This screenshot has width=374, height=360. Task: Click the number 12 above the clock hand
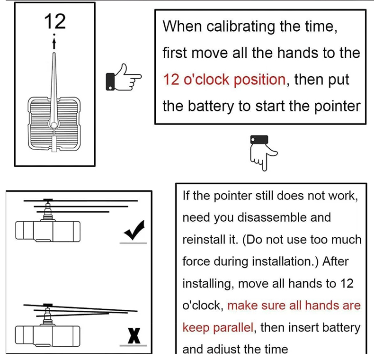[55, 21]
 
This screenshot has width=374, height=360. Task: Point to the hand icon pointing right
[124, 77]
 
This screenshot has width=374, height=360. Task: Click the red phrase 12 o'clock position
[224, 79]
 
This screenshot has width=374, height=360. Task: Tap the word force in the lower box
[196, 261]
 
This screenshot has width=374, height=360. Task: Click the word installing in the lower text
[207, 283]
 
